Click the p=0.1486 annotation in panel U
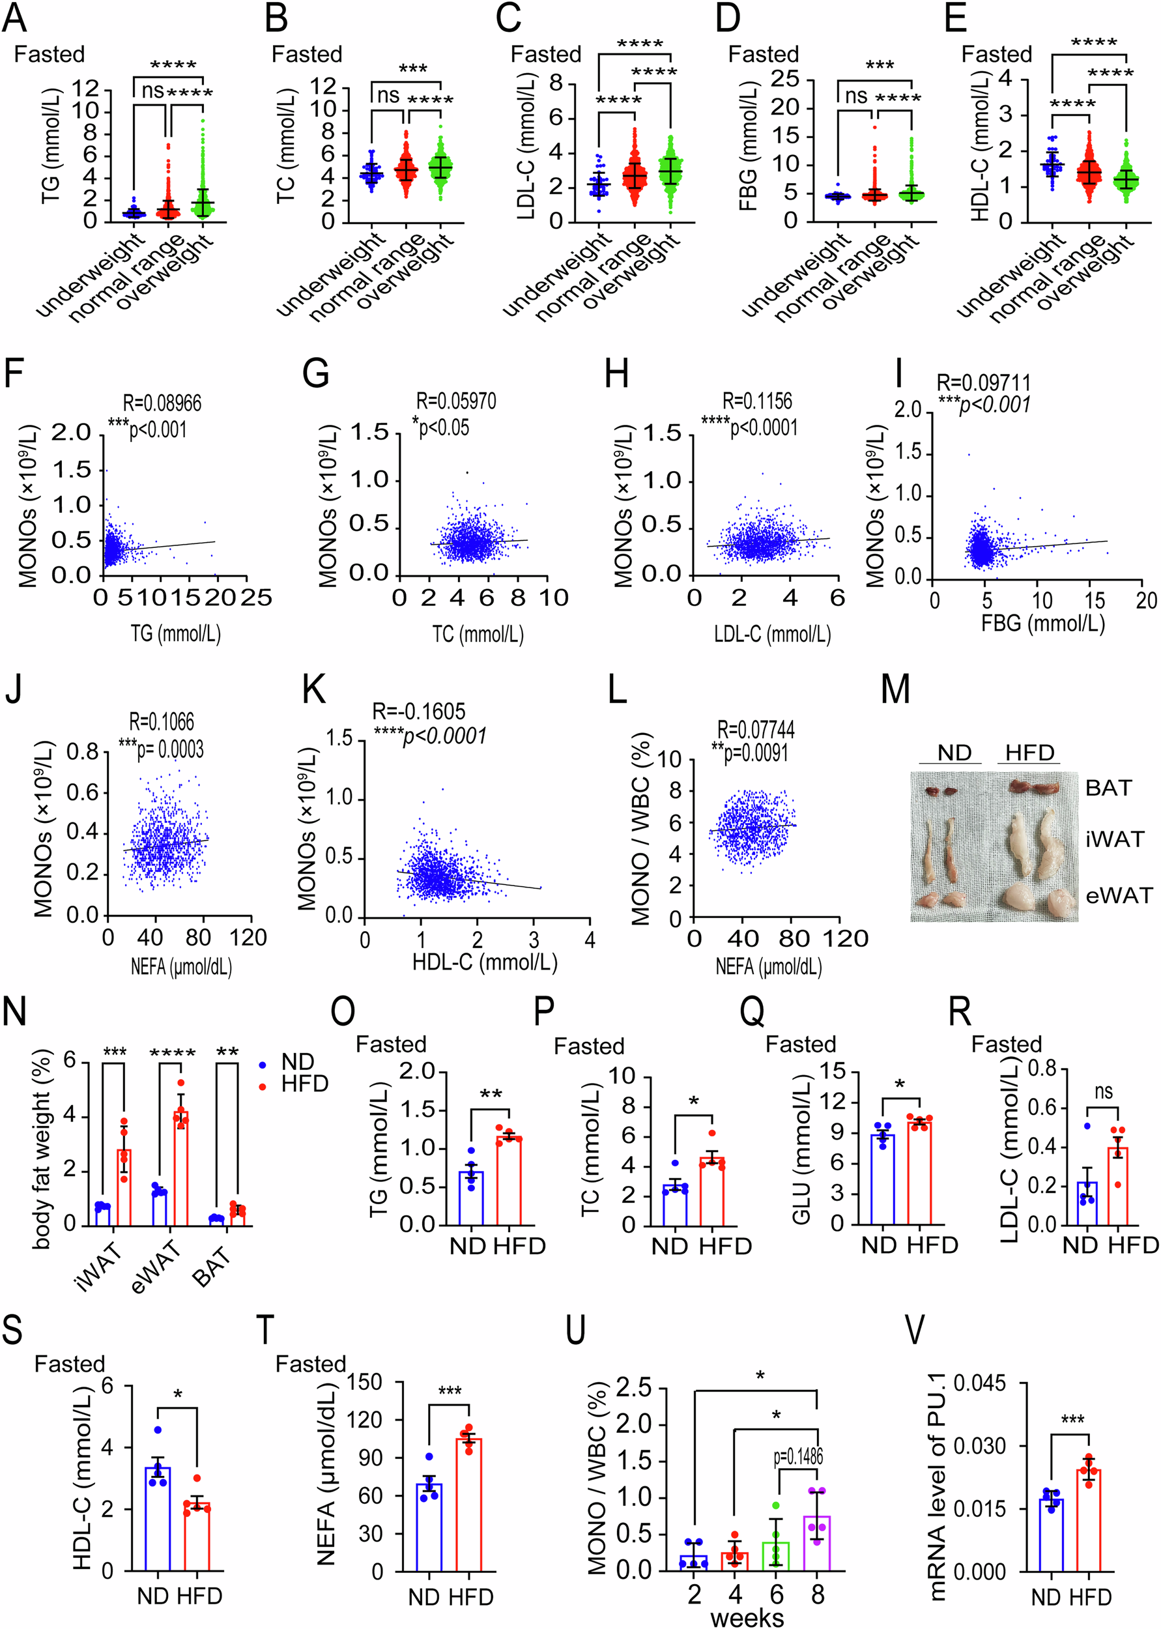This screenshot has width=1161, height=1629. [798, 1456]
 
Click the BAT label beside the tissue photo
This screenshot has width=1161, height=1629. [1108, 788]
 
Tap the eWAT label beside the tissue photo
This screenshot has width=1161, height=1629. [1119, 896]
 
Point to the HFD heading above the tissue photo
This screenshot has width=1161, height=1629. [1029, 753]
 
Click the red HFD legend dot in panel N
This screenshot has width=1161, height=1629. [263, 1086]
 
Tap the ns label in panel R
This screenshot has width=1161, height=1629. [1104, 1092]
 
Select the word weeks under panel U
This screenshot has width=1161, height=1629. [747, 1617]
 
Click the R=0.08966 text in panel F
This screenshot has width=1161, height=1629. [162, 403]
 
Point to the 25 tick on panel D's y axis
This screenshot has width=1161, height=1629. [784, 79]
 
